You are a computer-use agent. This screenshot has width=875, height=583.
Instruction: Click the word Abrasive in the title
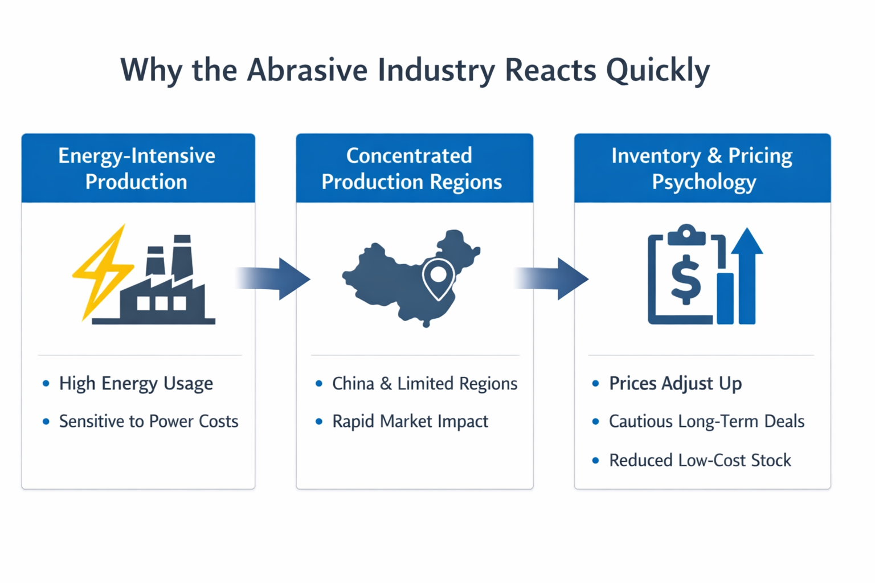tap(307, 70)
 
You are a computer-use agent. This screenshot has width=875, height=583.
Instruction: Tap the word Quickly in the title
tap(658, 72)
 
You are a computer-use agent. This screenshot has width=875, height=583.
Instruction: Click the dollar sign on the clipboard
tap(685, 279)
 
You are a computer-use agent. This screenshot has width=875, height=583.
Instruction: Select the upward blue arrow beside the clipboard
tap(747, 276)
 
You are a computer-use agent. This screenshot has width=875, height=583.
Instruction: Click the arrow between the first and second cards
tap(273, 279)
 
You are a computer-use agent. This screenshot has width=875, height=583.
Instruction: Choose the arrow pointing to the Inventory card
tap(551, 279)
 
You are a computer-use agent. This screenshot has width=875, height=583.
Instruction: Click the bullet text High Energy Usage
tap(136, 384)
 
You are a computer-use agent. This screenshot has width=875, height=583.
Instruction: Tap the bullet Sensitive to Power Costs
tap(149, 421)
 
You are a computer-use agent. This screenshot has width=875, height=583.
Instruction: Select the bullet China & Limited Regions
tap(424, 384)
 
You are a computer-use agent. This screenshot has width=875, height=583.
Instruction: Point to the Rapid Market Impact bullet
tap(410, 422)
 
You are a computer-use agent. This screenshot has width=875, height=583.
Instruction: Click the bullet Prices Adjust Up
tap(676, 384)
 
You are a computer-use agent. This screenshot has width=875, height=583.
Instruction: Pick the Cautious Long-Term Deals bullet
tap(706, 422)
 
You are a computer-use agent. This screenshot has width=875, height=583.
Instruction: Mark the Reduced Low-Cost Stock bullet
tap(700, 461)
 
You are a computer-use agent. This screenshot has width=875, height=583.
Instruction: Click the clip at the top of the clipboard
tap(686, 235)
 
